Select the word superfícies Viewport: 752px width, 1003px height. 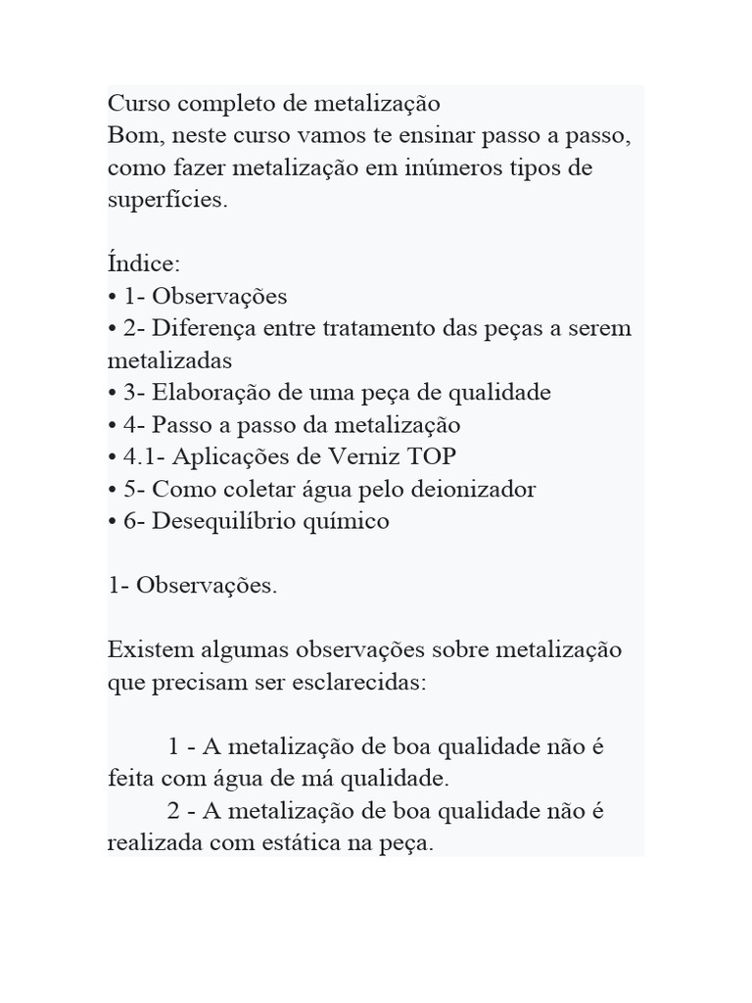[x=166, y=200]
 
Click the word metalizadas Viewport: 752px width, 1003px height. [x=169, y=360]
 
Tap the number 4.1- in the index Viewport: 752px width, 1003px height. [x=142, y=456]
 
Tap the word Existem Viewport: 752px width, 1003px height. [x=150, y=650]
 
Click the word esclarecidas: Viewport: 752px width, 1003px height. [x=359, y=683]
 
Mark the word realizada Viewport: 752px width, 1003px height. [x=155, y=844]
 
